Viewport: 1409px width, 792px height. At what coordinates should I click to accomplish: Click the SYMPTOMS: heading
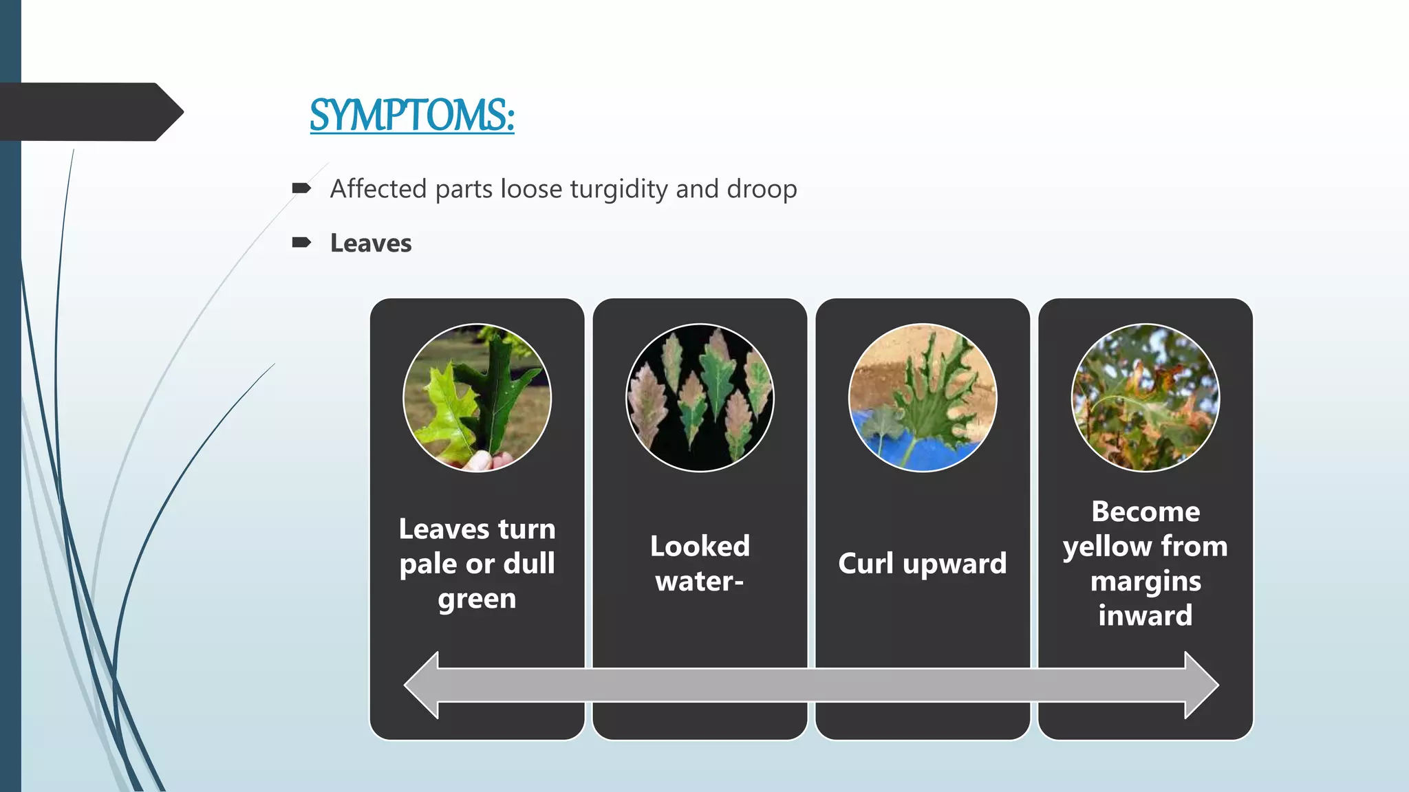411,115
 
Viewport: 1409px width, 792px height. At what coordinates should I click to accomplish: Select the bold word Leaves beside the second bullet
371,243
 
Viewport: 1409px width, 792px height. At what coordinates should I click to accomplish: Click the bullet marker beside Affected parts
301,188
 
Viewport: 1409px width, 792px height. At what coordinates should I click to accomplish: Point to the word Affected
378,188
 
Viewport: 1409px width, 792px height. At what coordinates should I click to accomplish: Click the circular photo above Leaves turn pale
477,397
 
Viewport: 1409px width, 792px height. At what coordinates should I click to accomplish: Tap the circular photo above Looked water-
700,397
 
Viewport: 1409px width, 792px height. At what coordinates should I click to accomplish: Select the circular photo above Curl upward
923,397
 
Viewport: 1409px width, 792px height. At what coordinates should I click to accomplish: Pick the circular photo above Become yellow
1146,397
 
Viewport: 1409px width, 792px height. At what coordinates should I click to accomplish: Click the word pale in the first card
428,564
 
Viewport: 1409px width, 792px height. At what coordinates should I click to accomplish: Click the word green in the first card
477,599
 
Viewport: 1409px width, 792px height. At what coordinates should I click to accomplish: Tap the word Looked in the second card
700,547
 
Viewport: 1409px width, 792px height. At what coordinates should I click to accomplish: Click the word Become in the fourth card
1146,512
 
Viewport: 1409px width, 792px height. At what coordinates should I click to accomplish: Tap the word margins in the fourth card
1146,582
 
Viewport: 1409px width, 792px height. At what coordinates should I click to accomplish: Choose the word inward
1146,615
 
